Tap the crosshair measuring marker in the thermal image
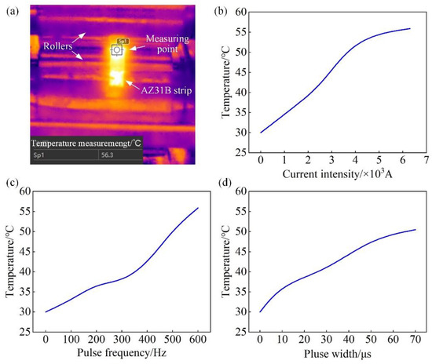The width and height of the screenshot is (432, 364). [117, 49]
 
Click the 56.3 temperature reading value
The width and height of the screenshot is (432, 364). [106, 155]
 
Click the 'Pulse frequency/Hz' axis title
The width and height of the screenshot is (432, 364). [121, 351]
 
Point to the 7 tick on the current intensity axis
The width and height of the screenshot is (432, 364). [425, 159]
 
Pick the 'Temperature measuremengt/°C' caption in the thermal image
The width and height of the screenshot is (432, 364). [86, 144]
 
